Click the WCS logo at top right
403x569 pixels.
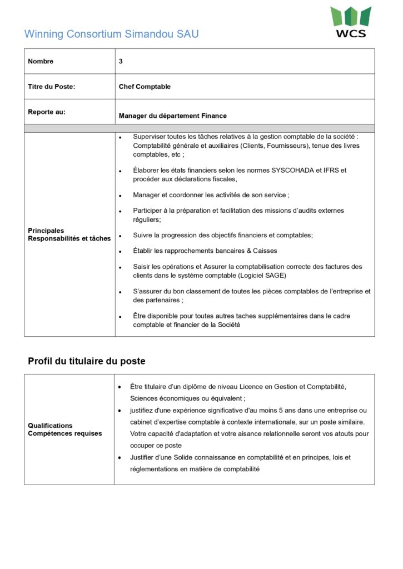point(350,22)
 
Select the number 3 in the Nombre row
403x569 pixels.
point(121,61)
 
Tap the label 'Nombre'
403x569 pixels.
point(41,61)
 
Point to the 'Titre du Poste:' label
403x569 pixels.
point(51,87)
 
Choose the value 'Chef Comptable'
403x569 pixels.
point(145,87)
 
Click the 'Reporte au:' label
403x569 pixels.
point(47,112)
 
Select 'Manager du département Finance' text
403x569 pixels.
point(173,116)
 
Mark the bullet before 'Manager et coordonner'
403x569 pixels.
point(120,196)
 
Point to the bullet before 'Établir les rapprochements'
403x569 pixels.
point(120,251)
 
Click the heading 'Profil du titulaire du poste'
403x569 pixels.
point(87,361)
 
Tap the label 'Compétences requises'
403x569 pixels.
point(65,433)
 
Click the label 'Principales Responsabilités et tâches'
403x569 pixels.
point(69,234)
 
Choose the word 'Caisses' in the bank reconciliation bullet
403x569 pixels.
point(265,251)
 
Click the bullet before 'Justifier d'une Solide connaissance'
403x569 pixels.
point(119,458)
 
